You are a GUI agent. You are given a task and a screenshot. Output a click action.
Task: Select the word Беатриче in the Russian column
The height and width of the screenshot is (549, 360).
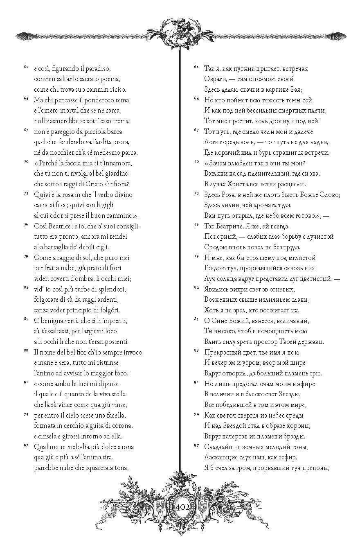[228, 226]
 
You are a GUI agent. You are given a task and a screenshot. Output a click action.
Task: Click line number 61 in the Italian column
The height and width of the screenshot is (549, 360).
[26, 66]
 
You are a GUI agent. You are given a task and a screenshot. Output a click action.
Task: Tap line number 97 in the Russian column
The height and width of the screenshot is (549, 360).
[196, 445]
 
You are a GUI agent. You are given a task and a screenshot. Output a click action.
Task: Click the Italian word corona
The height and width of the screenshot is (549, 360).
[122, 425]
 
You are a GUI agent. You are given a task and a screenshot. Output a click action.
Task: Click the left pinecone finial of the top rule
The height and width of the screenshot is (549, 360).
[20, 36]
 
